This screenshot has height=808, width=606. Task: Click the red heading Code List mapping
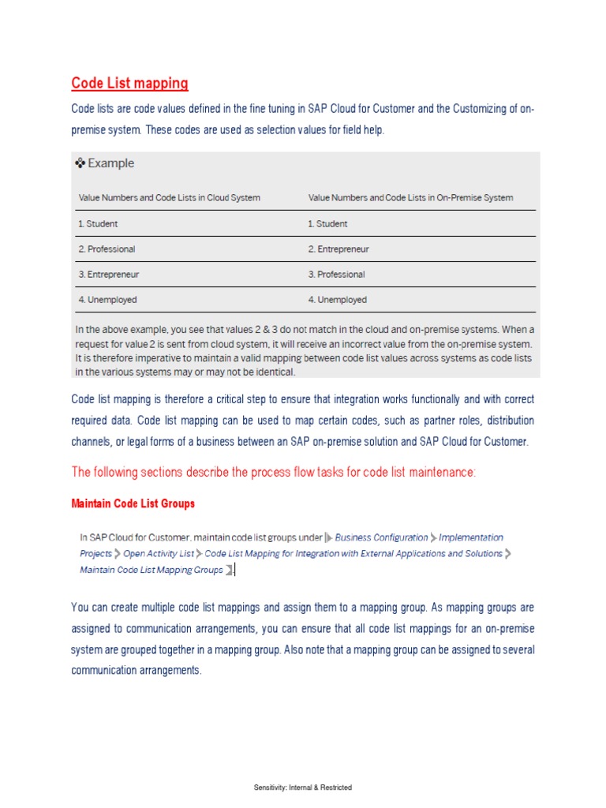[129, 83]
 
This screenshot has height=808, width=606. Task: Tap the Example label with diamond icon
[105, 163]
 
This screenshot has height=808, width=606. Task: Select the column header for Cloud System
[169, 197]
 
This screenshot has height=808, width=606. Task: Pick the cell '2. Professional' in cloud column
[107, 249]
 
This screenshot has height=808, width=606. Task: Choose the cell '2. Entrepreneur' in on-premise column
[338, 249]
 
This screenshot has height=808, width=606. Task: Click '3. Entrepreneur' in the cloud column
[108, 275]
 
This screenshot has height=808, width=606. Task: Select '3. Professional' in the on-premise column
[336, 275]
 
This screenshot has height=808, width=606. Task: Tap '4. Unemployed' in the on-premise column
[337, 300]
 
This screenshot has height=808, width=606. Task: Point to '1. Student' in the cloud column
[98, 223]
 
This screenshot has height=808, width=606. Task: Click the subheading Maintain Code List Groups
[133, 503]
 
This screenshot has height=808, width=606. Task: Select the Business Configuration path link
[381, 537]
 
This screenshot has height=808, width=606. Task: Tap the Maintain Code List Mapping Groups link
[151, 570]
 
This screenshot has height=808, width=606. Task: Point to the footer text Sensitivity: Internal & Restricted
[303, 787]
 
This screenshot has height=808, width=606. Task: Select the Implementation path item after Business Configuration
[470, 537]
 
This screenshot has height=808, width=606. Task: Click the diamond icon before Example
[79, 163]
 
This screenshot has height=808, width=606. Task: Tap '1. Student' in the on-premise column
[327, 223]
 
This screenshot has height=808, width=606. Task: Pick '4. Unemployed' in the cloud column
[107, 300]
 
